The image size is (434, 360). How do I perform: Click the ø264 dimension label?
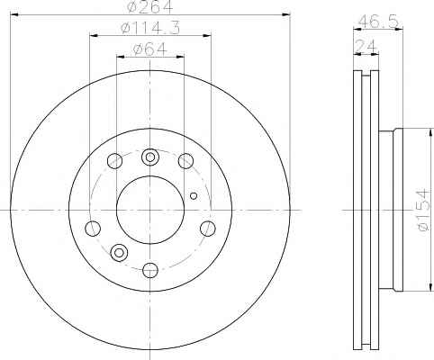click(150, 6)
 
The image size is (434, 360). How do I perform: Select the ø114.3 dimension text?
click(150, 28)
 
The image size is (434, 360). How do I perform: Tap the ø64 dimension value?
click(149, 49)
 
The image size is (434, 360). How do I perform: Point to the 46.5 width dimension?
click(378, 22)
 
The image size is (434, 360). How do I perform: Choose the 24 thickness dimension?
click(366, 47)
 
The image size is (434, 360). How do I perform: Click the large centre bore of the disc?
click(150, 210)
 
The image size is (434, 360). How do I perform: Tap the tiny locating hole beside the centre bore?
click(194, 196)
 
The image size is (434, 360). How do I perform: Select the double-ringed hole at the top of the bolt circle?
click(149, 157)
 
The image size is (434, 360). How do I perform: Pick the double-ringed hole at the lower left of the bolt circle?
click(119, 253)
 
